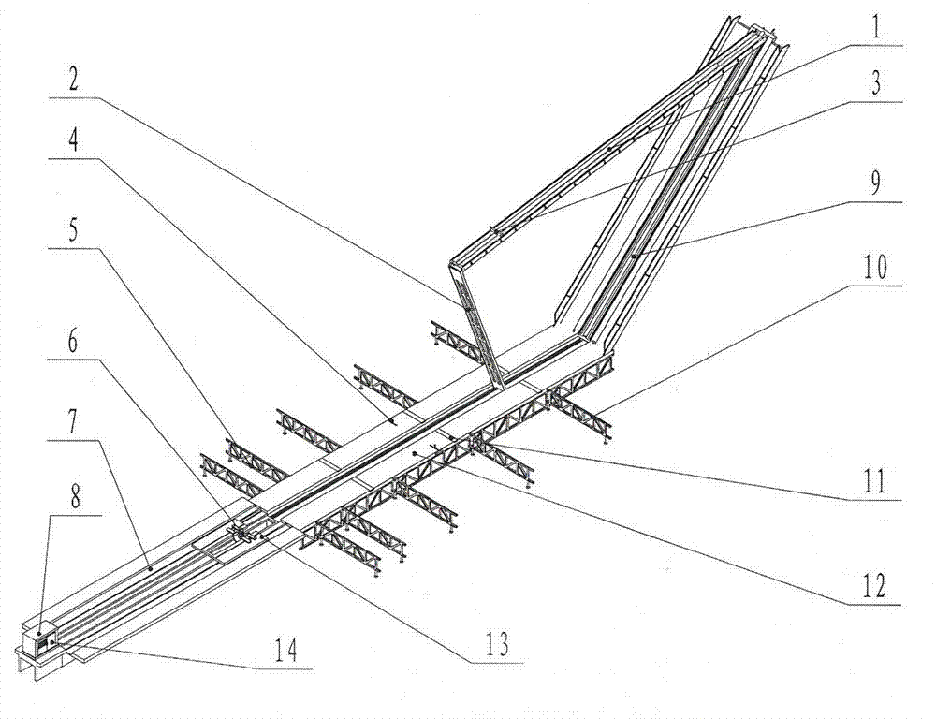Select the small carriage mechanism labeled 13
[x=245, y=534]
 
